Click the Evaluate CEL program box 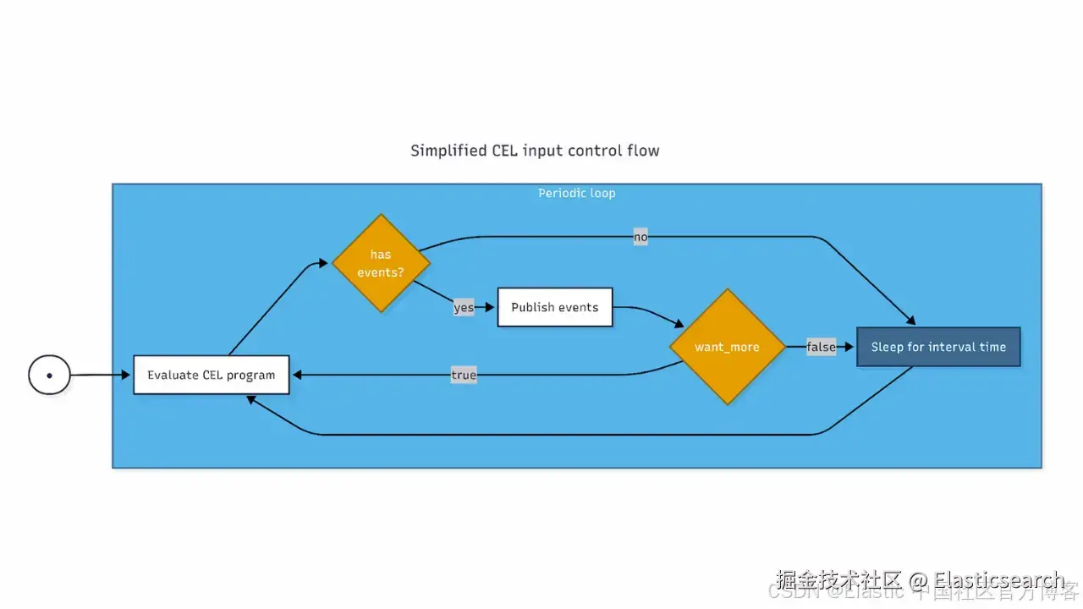211,375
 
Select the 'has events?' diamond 381,262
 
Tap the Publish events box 554,307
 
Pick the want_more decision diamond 727,347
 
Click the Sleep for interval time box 938,347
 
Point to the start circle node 49,375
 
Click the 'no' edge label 640,238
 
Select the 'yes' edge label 464,307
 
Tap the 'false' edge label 821,347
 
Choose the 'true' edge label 464,375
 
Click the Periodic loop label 577,193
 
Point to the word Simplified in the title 448,151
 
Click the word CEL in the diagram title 505,151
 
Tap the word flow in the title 643,151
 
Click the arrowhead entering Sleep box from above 910,321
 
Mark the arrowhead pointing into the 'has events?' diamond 322,264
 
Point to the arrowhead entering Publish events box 491,307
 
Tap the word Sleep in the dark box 887,347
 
